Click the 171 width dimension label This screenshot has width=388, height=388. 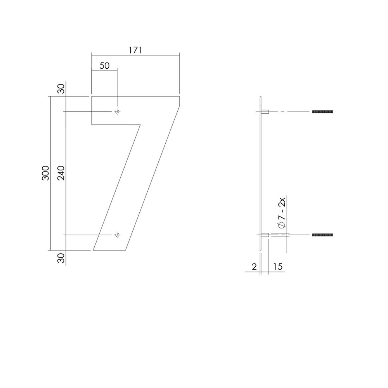135,50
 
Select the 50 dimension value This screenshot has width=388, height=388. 104,66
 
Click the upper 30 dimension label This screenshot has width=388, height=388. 61,89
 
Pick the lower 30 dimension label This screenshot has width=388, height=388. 61,258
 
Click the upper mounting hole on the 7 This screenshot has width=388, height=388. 117,112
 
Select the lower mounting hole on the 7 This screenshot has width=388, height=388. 117,235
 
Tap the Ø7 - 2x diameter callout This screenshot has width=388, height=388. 282,213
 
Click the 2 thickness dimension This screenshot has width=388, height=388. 254,267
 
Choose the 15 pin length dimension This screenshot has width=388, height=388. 277,267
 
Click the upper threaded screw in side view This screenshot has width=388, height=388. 323,112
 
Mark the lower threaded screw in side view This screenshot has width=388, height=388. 323,235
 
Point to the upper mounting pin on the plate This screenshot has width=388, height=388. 266,112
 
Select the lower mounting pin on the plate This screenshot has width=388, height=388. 266,235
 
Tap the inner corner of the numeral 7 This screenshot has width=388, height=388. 140,125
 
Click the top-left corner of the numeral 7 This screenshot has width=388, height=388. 92,97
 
